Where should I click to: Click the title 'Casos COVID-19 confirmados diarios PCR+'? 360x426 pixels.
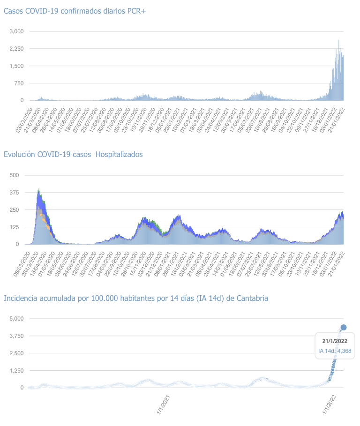point(75,11)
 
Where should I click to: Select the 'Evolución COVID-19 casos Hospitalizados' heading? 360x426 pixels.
point(73,154)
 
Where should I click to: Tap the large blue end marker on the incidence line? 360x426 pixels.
point(344,327)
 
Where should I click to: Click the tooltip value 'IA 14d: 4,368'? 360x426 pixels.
point(335,351)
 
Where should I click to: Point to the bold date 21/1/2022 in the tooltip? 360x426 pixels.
point(335,341)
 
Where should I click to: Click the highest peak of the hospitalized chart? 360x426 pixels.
point(38,189)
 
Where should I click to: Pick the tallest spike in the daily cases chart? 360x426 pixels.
point(339,41)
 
